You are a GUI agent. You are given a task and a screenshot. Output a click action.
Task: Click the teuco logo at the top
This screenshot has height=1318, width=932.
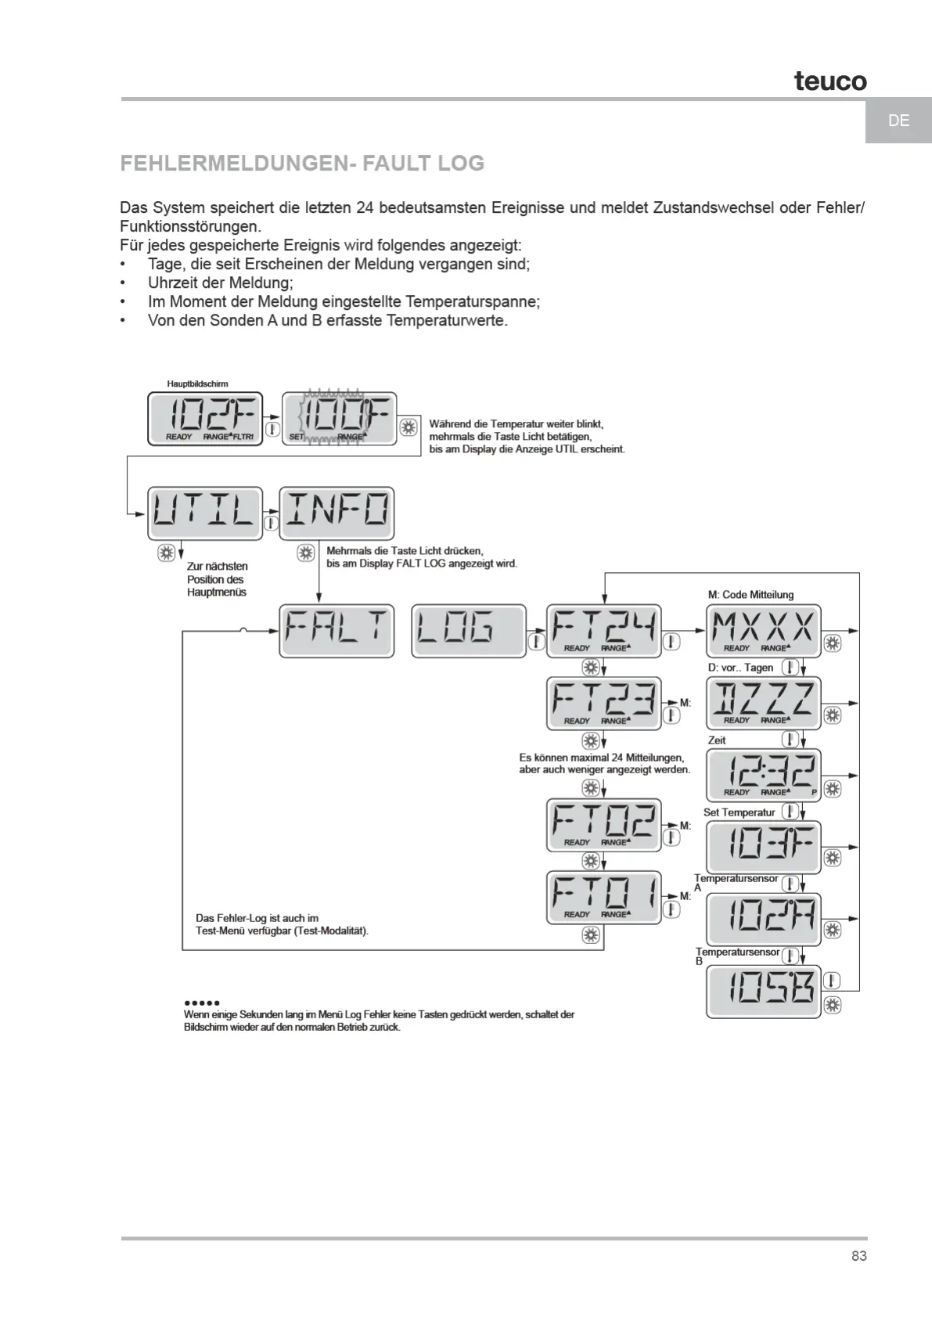tap(830, 81)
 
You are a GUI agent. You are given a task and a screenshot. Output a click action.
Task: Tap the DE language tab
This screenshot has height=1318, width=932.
tap(898, 121)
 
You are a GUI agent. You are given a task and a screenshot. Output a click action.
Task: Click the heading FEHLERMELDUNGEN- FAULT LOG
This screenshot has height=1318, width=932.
tap(302, 164)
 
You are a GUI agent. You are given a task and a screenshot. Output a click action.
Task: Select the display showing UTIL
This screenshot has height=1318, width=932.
tap(205, 513)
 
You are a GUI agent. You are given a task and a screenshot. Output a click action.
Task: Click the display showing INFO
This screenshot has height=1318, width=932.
tap(336, 513)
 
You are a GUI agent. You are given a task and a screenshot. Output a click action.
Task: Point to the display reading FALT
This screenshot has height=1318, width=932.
tap(336, 631)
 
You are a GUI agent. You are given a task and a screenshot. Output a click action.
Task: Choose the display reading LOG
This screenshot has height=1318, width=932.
tap(469, 631)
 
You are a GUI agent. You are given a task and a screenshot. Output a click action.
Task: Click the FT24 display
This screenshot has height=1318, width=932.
tap(603, 631)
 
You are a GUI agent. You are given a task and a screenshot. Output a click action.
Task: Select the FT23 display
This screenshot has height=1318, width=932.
tap(603, 704)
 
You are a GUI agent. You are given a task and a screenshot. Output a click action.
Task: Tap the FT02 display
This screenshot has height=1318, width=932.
tap(603, 825)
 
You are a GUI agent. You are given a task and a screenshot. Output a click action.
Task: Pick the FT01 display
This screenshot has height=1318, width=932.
tap(603, 897)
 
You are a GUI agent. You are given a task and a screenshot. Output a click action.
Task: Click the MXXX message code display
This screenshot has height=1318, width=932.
tap(763, 631)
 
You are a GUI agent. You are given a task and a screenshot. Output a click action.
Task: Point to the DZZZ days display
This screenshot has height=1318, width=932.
tap(763, 703)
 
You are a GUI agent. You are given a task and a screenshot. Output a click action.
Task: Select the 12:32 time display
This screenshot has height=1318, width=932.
tap(763, 775)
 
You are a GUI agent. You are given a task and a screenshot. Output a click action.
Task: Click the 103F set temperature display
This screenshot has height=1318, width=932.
tap(763, 847)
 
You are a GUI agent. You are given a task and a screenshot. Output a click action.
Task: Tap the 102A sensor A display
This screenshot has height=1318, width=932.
tap(763, 919)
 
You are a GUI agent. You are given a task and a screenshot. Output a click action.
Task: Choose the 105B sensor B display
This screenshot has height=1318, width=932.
tap(763, 992)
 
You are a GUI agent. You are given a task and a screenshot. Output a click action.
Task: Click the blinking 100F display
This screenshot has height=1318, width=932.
tap(338, 419)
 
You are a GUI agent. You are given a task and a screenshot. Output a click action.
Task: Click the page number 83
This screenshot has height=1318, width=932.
tap(859, 1256)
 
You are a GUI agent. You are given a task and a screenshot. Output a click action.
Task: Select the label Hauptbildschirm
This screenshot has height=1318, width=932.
tap(197, 384)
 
